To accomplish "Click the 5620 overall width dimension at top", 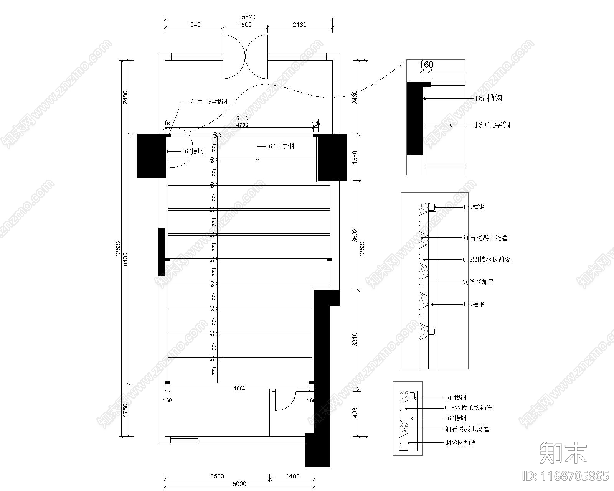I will tap(248, 17).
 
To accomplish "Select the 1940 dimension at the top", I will tap(194, 25).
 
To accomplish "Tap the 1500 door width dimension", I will tap(245, 25).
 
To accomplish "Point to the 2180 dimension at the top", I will tap(300, 25).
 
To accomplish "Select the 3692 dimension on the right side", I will tap(355, 236).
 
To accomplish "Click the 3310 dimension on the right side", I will tap(355, 339).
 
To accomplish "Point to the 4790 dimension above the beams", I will tap(242, 125).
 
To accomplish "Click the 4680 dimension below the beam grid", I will tap(239, 388).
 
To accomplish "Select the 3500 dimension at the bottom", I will tap(217, 476).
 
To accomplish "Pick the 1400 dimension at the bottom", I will tap(293, 476).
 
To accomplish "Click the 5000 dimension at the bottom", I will tap(239, 484).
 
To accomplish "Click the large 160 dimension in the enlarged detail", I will tap(426, 64).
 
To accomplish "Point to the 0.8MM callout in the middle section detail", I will tap(487, 260).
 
